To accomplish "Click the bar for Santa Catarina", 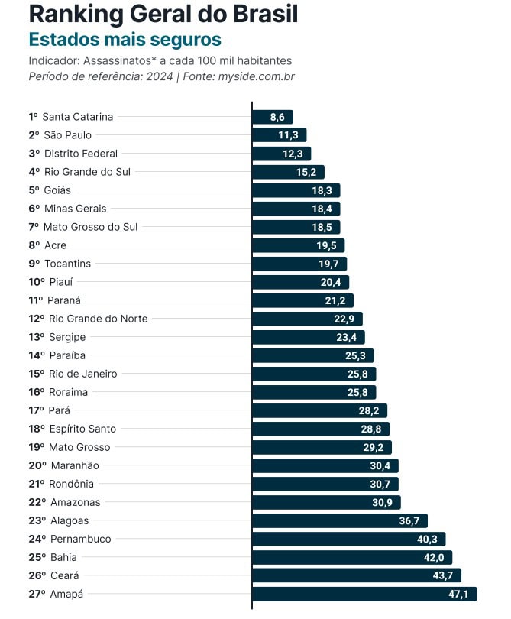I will [x=272, y=117].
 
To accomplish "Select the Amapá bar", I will [x=364, y=594].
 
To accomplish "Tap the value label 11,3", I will [x=288, y=135].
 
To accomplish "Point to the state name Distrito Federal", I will [x=81, y=154].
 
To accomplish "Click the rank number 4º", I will [x=34, y=172].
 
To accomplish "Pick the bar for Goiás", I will [x=296, y=190].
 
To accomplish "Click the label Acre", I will [x=56, y=245].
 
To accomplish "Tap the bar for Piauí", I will [x=300, y=282].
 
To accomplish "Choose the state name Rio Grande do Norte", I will [x=99, y=319].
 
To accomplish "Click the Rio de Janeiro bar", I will [x=313, y=374].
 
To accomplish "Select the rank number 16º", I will [x=37, y=392].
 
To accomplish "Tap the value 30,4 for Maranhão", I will [x=380, y=465].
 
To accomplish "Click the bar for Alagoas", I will [x=339, y=520].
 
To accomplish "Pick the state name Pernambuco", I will [x=80, y=539].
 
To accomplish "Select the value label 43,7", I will [x=443, y=575].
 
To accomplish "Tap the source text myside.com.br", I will [x=256, y=76].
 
